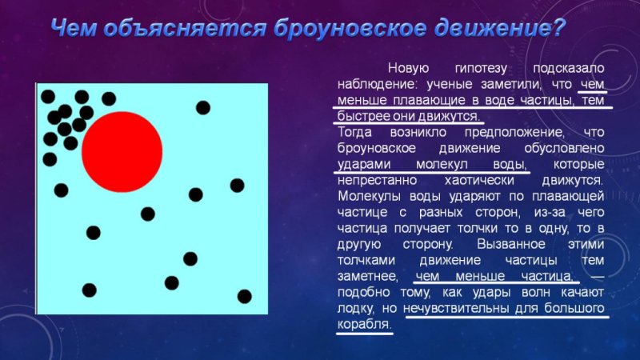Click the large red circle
pos(122,151)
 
